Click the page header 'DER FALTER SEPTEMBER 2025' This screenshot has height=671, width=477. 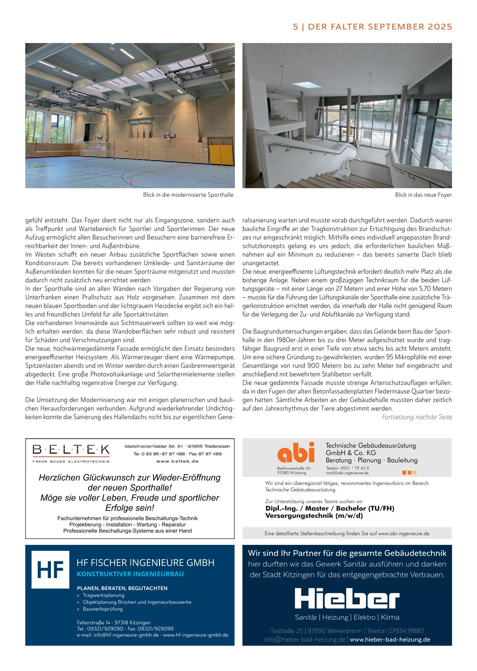pyautogui.click(x=380, y=27)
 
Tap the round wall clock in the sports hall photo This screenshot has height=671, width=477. pyautogui.click(x=140, y=112)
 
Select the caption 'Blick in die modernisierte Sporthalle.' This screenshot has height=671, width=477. pyautogui.click(x=189, y=195)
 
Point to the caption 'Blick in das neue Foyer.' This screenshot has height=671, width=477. pyautogui.click(x=423, y=195)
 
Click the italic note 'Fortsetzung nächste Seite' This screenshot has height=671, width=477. pyautogui.click(x=417, y=417)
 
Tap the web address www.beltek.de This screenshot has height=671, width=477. pyautogui.click(x=177, y=461)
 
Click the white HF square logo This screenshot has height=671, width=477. pyautogui.click(x=50, y=570)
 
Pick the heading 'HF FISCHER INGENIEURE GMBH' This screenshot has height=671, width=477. pyautogui.click(x=145, y=563)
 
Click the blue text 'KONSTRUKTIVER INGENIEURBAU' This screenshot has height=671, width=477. pyautogui.click(x=130, y=574)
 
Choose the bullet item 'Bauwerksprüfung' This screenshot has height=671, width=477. pyautogui.click(x=102, y=609)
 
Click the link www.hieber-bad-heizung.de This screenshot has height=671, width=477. pyautogui.click(x=390, y=639)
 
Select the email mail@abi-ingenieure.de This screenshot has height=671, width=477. pyautogui.click(x=347, y=473)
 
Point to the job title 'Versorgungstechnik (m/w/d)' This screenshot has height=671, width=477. pyautogui.click(x=314, y=516)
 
